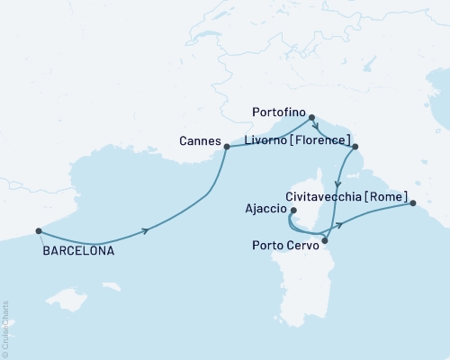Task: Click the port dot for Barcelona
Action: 38,230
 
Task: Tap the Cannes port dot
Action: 227,147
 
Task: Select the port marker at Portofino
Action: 311,117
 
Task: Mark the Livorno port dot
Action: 355,147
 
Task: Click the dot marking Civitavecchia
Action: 413,203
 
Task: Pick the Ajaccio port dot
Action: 294,211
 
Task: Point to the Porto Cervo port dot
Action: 325,240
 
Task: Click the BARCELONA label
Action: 78,252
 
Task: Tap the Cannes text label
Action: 201,140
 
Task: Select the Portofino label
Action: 273,114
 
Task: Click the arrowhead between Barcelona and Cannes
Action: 144,231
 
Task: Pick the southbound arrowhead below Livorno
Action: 337,182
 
